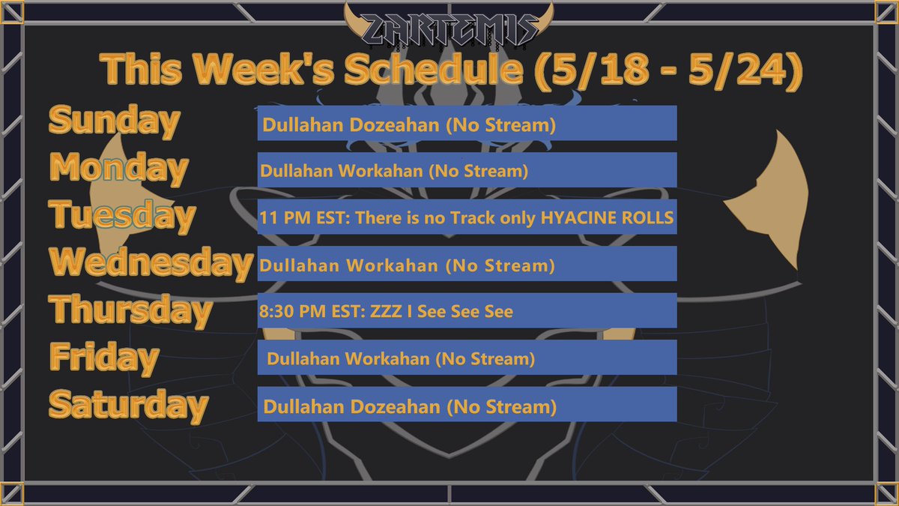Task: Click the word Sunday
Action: (x=114, y=121)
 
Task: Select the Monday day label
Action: (x=118, y=168)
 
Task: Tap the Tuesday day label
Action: (x=122, y=215)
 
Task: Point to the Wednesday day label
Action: (x=151, y=262)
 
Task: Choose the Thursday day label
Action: (x=130, y=310)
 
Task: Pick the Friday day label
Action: (x=104, y=357)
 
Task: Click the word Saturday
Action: (x=127, y=405)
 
